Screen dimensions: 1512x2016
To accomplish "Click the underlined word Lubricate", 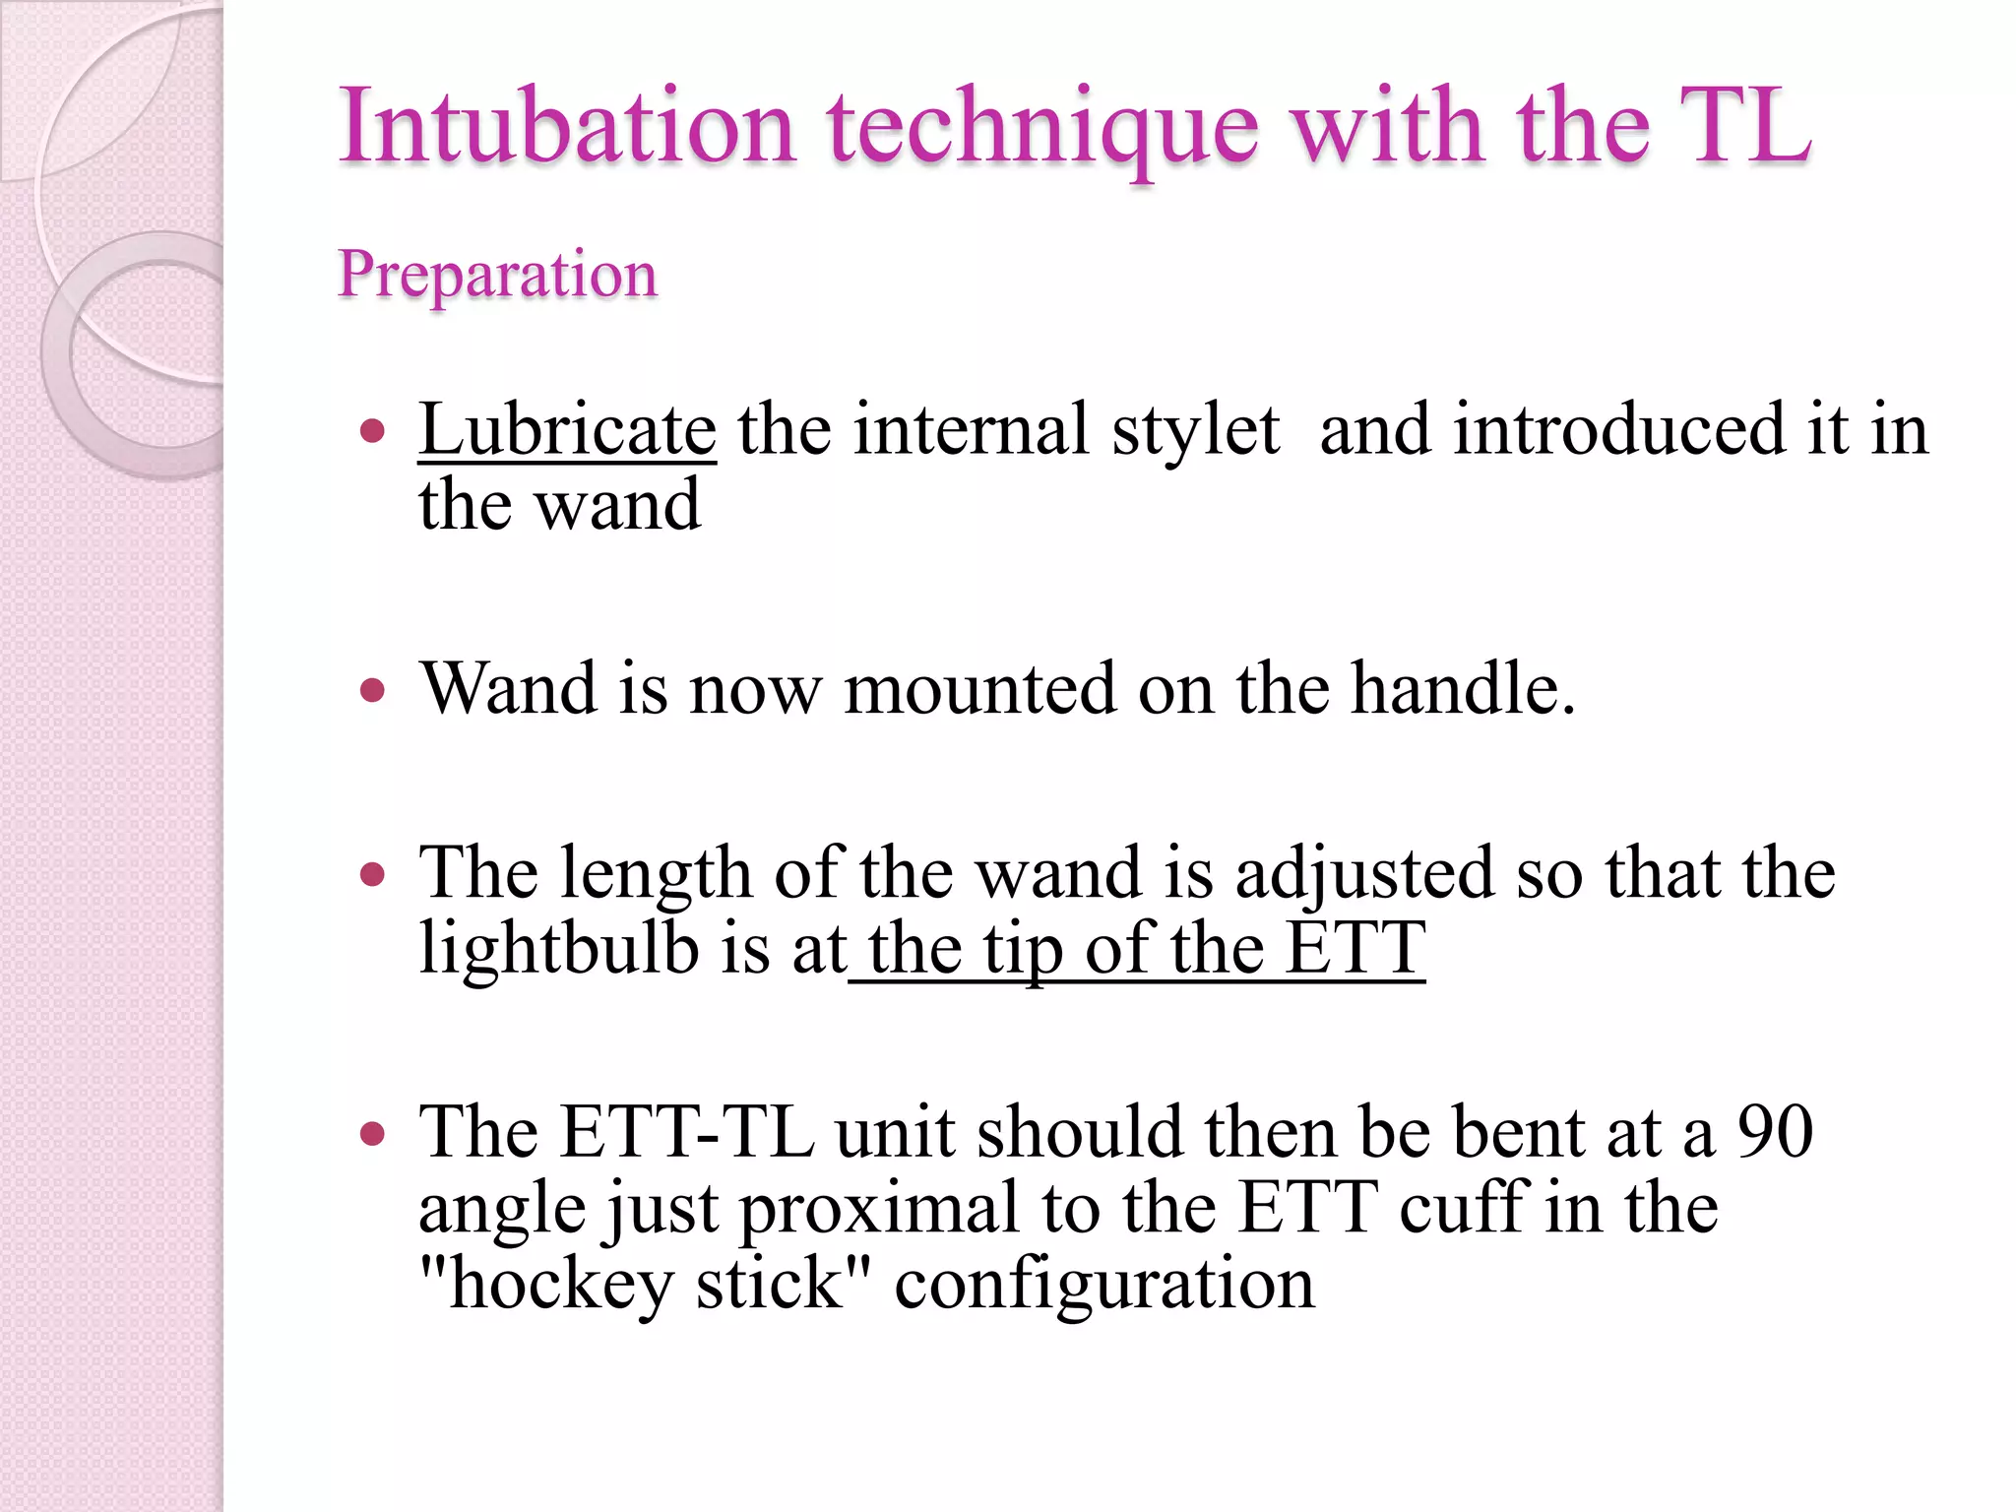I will point(567,430).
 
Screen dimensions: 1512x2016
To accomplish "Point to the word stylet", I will point(1195,430).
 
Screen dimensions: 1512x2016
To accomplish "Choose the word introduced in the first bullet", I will point(1618,430).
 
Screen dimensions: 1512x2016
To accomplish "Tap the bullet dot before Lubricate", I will point(372,431).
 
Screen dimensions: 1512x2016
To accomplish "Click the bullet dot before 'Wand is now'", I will point(372,690).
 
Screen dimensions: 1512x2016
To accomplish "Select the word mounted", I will point(979,688).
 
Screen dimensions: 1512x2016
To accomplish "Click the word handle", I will point(1463,688).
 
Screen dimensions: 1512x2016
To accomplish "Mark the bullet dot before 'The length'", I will point(372,874).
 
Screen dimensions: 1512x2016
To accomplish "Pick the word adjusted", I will point(1364,874).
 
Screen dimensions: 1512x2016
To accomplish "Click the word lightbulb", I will point(558,949).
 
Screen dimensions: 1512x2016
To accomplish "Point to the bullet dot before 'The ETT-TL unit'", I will point(372,1133).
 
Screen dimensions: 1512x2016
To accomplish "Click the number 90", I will point(1775,1132).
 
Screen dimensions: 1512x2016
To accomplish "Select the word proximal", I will point(879,1209).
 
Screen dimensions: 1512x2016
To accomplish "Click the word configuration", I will point(1103,1286).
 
